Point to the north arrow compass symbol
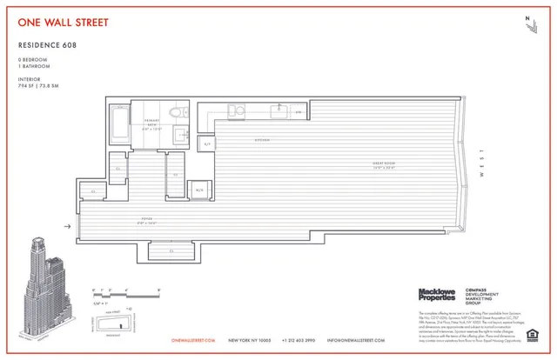[528, 25]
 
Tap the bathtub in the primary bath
[119, 123]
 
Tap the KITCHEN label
[262, 140]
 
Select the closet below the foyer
[172, 250]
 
